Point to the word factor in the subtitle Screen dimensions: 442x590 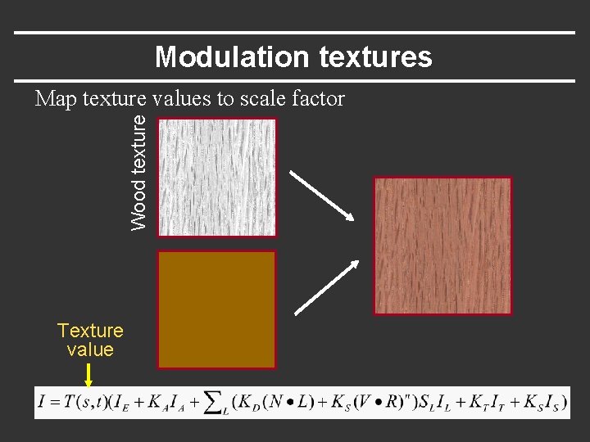tap(315, 99)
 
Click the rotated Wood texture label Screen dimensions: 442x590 tap(140, 171)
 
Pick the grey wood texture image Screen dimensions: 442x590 tap(217, 177)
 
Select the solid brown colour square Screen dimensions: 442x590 tap(217, 309)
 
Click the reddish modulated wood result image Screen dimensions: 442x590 tap(442, 246)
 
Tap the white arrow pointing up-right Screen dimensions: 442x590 tap(327, 287)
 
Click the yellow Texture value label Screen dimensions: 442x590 tap(90, 340)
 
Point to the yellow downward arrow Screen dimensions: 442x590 tap(88, 376)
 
